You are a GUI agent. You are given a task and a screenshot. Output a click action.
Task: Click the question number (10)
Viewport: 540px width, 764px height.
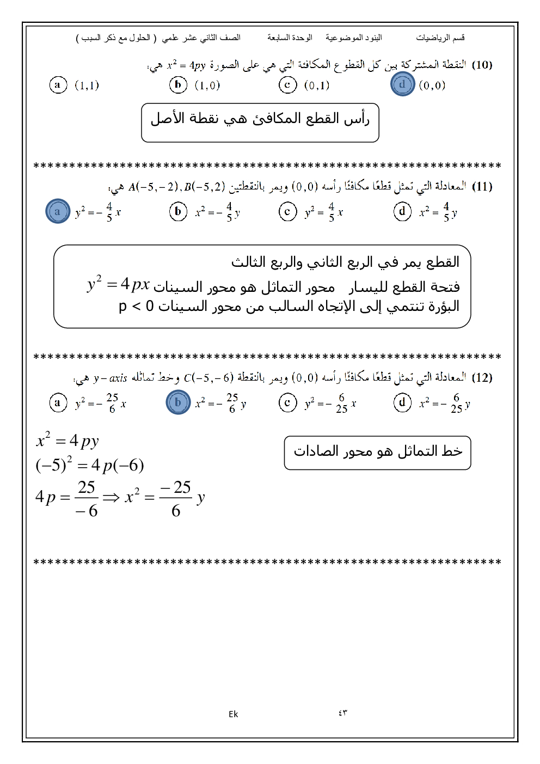(x=482, y=65)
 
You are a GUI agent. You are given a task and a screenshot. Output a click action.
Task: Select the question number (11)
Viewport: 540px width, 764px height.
(x=482, y=187)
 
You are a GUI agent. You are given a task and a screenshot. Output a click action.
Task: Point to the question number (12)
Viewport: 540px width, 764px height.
(x=482, y=377)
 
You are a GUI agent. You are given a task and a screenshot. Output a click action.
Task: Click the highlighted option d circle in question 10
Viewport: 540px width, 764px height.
(x=402, y=84)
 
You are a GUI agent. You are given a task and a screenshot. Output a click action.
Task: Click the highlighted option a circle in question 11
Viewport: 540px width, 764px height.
(x=58, y=211)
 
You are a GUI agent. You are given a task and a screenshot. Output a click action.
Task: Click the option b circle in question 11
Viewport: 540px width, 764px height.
(x=178, y=211)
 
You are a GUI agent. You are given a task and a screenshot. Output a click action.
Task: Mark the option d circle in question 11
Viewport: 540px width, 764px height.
(x=402, y=211)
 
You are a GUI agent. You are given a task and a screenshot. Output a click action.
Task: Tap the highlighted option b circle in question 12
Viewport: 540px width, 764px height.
(x=178, y=402)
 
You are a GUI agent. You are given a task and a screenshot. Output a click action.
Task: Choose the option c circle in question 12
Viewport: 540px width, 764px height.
(x=287, y=402)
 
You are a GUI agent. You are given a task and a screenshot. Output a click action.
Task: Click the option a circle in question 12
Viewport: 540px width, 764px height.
(x=58, y=402)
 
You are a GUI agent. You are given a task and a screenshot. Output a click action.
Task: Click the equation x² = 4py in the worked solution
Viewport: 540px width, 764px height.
(x=67, y=441)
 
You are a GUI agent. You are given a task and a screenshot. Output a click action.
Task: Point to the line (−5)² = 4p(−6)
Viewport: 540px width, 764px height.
(x=90, y=465)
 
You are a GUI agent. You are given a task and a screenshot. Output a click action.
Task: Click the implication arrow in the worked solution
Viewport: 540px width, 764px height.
(x=111, y=498)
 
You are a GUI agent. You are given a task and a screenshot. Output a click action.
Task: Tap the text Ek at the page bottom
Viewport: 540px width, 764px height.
(x=233, y=714)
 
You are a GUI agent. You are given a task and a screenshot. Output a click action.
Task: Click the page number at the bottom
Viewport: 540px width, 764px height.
(x=342, y=713)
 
